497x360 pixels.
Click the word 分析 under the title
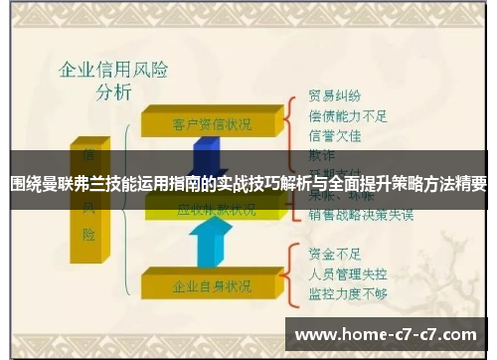point(113,93)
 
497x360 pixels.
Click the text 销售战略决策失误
point(361,215)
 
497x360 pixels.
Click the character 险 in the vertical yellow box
point(89,234)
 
